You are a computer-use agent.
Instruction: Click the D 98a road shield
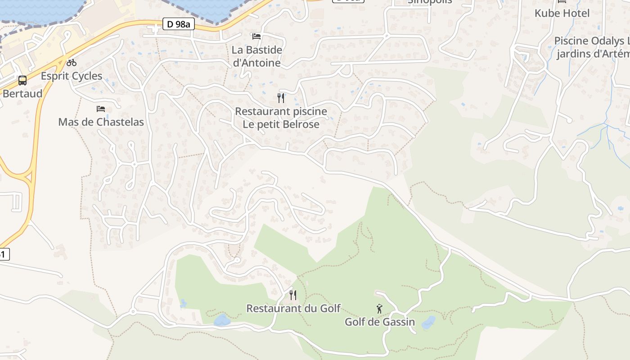pyautogui.click(x=178, y=24)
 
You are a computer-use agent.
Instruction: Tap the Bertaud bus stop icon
pyautogui.click(x=22, y=81)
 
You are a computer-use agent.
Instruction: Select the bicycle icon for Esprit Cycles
pyautogui.click(x=71, y=63)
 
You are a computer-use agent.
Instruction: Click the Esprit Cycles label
pyautogui.click(x=72, y=76)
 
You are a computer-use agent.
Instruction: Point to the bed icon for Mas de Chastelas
pyautogui.click(x=101, y=109)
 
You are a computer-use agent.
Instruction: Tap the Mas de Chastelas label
pyautogui.click(x=101, y=121)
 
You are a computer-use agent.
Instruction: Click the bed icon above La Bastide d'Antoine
pyautogui.click(x=256, y=36)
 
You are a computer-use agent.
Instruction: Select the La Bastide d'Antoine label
pyautogui.click(x=257, y=56)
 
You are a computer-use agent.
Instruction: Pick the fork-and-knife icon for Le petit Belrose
pyautogui.click(x=281, y=98)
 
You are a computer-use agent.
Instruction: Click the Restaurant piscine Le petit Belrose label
pyautogui.click(x=281, y=117)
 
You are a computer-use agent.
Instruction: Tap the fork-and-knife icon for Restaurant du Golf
pyautogui.click(x=293, y=295)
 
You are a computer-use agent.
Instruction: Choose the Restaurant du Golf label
pyautogui.click(x=293, y=308)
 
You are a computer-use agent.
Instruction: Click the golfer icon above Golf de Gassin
pyautogui.click(x=379, y=309)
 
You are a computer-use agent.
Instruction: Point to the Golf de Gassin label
pyautogui.click(x=379, y=322)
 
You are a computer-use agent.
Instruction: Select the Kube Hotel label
pyautogui.click(x=562, y=13)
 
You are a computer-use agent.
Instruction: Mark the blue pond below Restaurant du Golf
pyautogui.click(x=222, y=320)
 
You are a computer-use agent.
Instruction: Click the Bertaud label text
pyautogui.click(x=22, y=94)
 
